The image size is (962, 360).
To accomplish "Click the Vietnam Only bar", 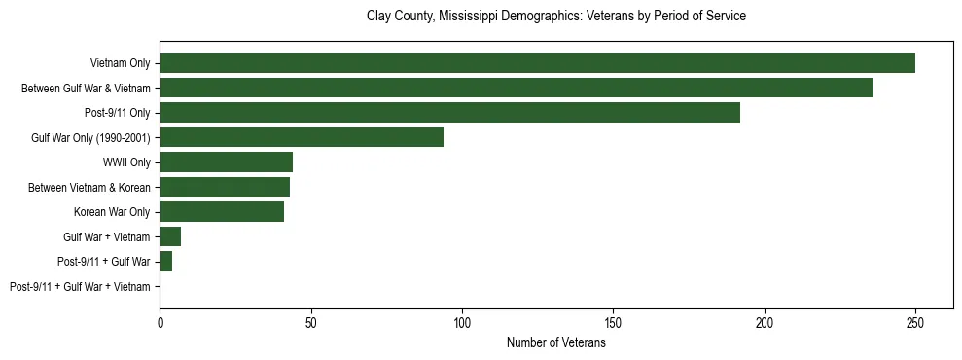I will click(x=537, y=62).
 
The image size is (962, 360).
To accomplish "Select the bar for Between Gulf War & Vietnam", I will click(x=516, y=88).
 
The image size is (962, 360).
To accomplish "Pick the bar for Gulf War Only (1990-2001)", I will click(x=302, y=137).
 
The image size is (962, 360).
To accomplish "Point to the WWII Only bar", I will click(x=226, y=162).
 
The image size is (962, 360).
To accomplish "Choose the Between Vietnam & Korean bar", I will click(x=225, y=187).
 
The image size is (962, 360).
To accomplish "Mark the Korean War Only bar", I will click(x=222, y=211).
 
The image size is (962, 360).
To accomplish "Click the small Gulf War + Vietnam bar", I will click(x=170, y=236).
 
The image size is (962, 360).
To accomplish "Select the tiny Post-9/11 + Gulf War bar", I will click(x=166, y=262).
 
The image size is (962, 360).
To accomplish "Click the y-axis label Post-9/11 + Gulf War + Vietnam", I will click(x=80, y=287).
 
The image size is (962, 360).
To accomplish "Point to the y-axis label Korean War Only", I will click(x=112, y=212).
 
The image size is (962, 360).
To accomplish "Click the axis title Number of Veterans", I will click(x=555, y=342).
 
